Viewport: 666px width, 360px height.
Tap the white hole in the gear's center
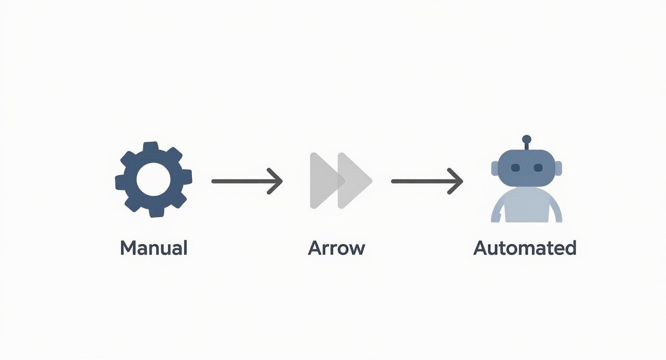click(x=153, y=180)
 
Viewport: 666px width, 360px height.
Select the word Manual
click(x=153, y=248)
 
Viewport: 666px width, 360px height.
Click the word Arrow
click(x=336, y=248)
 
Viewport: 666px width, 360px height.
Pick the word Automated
click(x=524, y=248)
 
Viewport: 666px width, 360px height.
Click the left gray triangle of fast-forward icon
click(x=323, y=180)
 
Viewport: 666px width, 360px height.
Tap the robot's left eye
click(x=515, y=168)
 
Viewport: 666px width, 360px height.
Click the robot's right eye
click(x=538, y=168)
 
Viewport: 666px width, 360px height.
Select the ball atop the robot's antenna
click(x=527, y=139)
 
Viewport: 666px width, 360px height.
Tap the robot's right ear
click(x=558, y=167)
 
